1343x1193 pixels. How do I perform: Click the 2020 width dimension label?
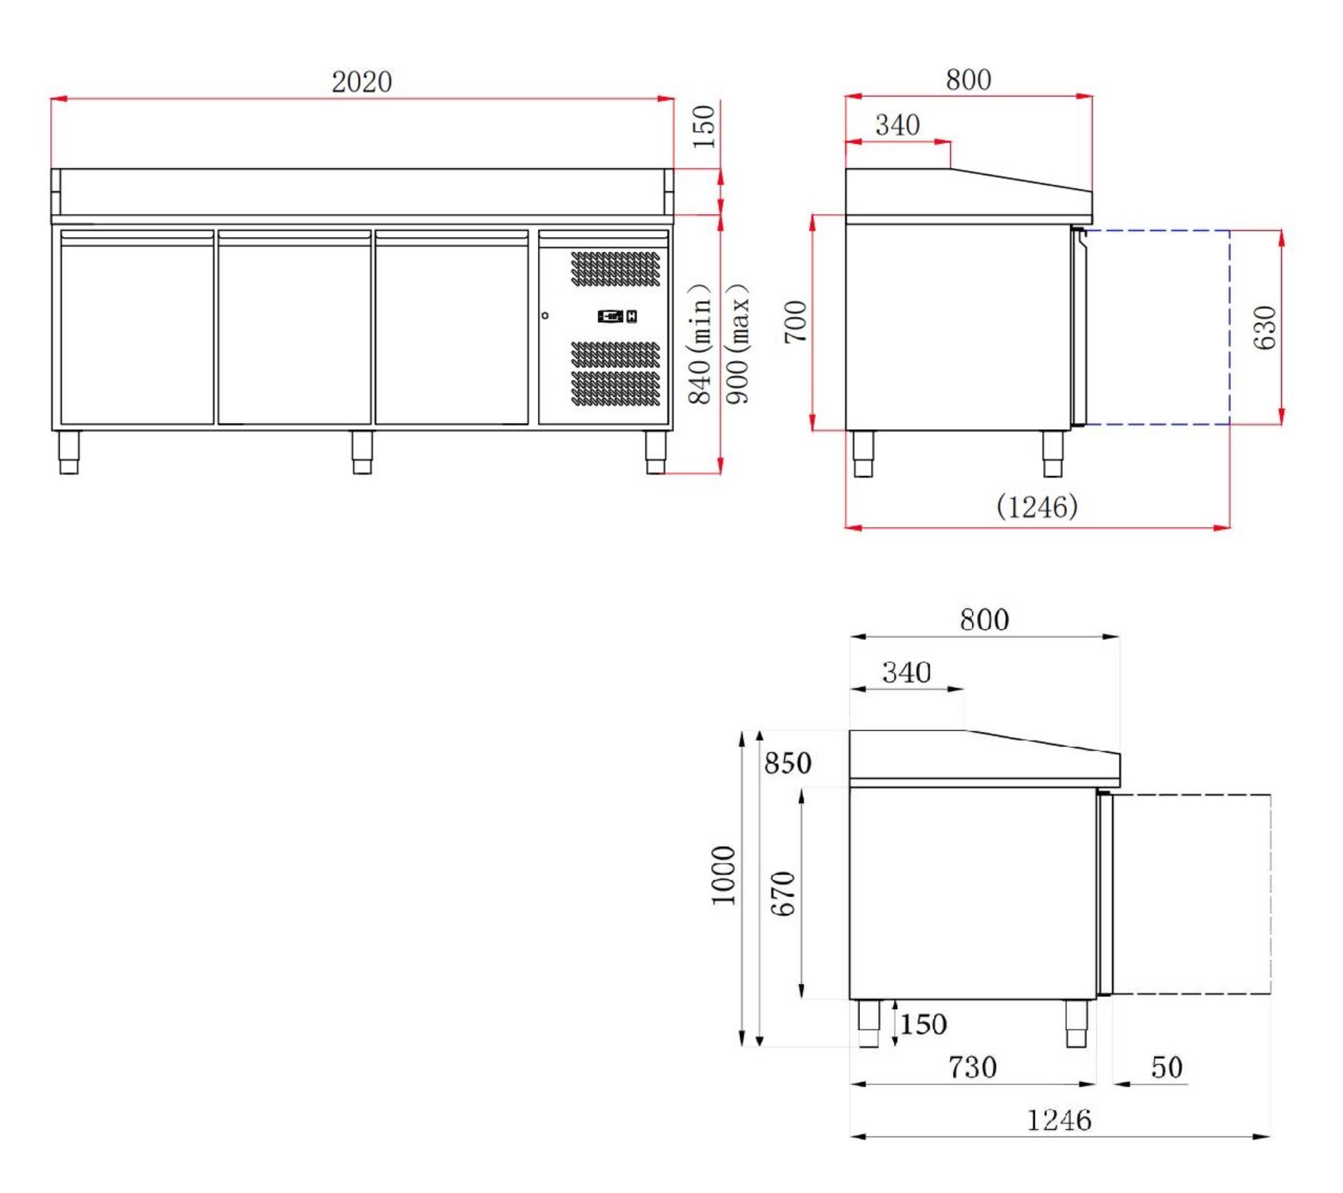click(361, 82)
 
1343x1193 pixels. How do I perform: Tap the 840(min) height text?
click(700, 344)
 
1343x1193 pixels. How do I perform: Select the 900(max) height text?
click(737, 344)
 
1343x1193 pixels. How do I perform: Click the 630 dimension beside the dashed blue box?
click(1264, 328)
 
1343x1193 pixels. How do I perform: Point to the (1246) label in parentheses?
click(1037, 506)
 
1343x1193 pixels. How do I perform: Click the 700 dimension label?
click(795, 322)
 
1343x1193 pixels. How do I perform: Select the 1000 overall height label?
click(723, 875)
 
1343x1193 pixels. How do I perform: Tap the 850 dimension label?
click(788, 763)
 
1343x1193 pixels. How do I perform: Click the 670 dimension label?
click(783, 894)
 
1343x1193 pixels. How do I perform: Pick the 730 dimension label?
click(972, 1067)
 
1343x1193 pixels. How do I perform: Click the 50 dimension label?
click(1166, 1067)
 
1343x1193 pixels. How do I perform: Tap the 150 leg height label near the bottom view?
click(923, 1024)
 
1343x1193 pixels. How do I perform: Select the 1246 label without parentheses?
click(1059, 1120)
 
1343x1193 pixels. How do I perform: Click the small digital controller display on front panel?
click(611, 316)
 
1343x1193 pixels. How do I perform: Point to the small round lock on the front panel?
click(545, 316)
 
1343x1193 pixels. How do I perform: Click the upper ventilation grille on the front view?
click(615, 269)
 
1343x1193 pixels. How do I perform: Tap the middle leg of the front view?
click(362, 452)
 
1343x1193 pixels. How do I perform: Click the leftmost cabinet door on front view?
click(137, 328)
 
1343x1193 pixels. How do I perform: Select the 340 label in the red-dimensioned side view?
click(897, 125)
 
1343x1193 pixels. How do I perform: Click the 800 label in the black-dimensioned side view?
click(984, 620)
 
